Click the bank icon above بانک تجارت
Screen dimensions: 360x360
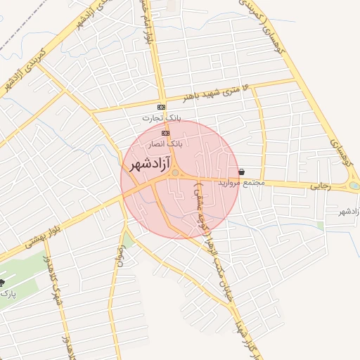(x=162, y=107)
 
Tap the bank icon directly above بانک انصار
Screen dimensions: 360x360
(x=165, y=132)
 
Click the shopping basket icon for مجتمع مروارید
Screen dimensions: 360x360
(x=242, y=172)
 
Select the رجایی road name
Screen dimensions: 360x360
(x=320, y=186)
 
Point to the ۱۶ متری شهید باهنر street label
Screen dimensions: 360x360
(x=215, y=91)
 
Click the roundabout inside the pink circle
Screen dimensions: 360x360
(x=174, y=174)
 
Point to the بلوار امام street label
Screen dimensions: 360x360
(x=146, y=25)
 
